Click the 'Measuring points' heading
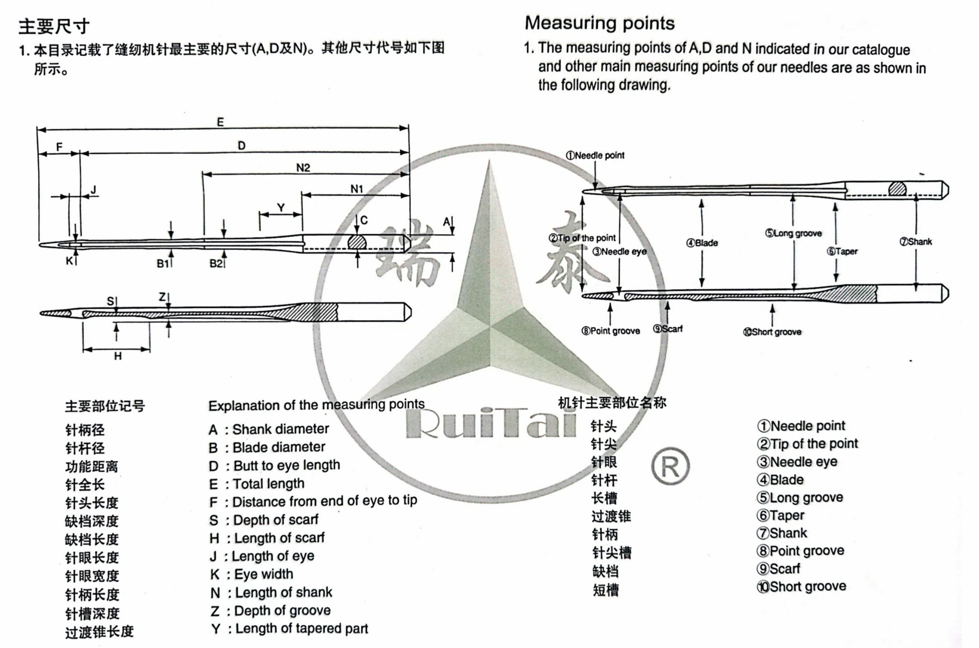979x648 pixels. click(599, 23)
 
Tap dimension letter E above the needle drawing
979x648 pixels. click(220, 122)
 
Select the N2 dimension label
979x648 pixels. click(303, 168)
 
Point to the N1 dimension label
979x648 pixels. click(357, 189)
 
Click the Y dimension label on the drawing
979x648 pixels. click(281, 208)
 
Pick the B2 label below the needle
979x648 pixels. click(216, 263)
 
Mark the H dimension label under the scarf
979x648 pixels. click(117, 356)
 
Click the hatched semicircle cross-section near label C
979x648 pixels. click(357, 242)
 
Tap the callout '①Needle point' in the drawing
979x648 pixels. click(595, 156)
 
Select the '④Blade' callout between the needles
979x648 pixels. click(702, 243)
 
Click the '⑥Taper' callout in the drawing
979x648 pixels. click(842, 252)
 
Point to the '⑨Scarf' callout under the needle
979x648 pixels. click(668, 329)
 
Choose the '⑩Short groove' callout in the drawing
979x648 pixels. click(772, 332)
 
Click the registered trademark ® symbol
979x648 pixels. click(670, 467)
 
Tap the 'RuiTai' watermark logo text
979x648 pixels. click(491, 424)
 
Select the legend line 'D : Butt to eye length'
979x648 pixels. click(274, 465)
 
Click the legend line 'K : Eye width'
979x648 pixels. click(251, 574)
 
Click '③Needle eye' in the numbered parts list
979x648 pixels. click(797, 462)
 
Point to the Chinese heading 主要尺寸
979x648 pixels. click(54, 26)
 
